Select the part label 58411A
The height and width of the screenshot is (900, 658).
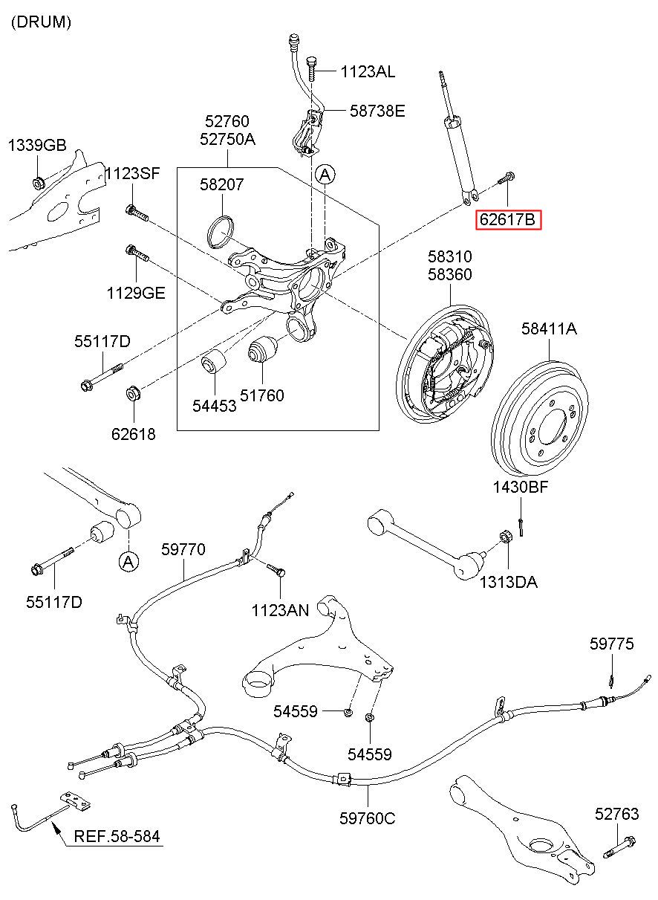(548, 328)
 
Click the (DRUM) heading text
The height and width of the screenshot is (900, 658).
(41, 22)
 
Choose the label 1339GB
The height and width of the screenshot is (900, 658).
(37, 146)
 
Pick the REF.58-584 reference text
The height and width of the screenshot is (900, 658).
(117, 837)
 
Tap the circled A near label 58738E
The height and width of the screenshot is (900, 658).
(325, 175)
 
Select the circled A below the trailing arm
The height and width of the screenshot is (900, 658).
(128, 562)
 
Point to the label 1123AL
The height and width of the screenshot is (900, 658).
(368, 72)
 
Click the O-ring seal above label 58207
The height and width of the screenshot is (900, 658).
(218, 230)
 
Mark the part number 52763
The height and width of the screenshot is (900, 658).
(616, 814)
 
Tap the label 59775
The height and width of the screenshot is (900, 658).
(612, 644)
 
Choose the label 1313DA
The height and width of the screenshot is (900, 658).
(508, 582)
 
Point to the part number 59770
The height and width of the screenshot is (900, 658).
(183, 549)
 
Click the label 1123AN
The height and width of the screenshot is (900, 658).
(280, 610)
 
